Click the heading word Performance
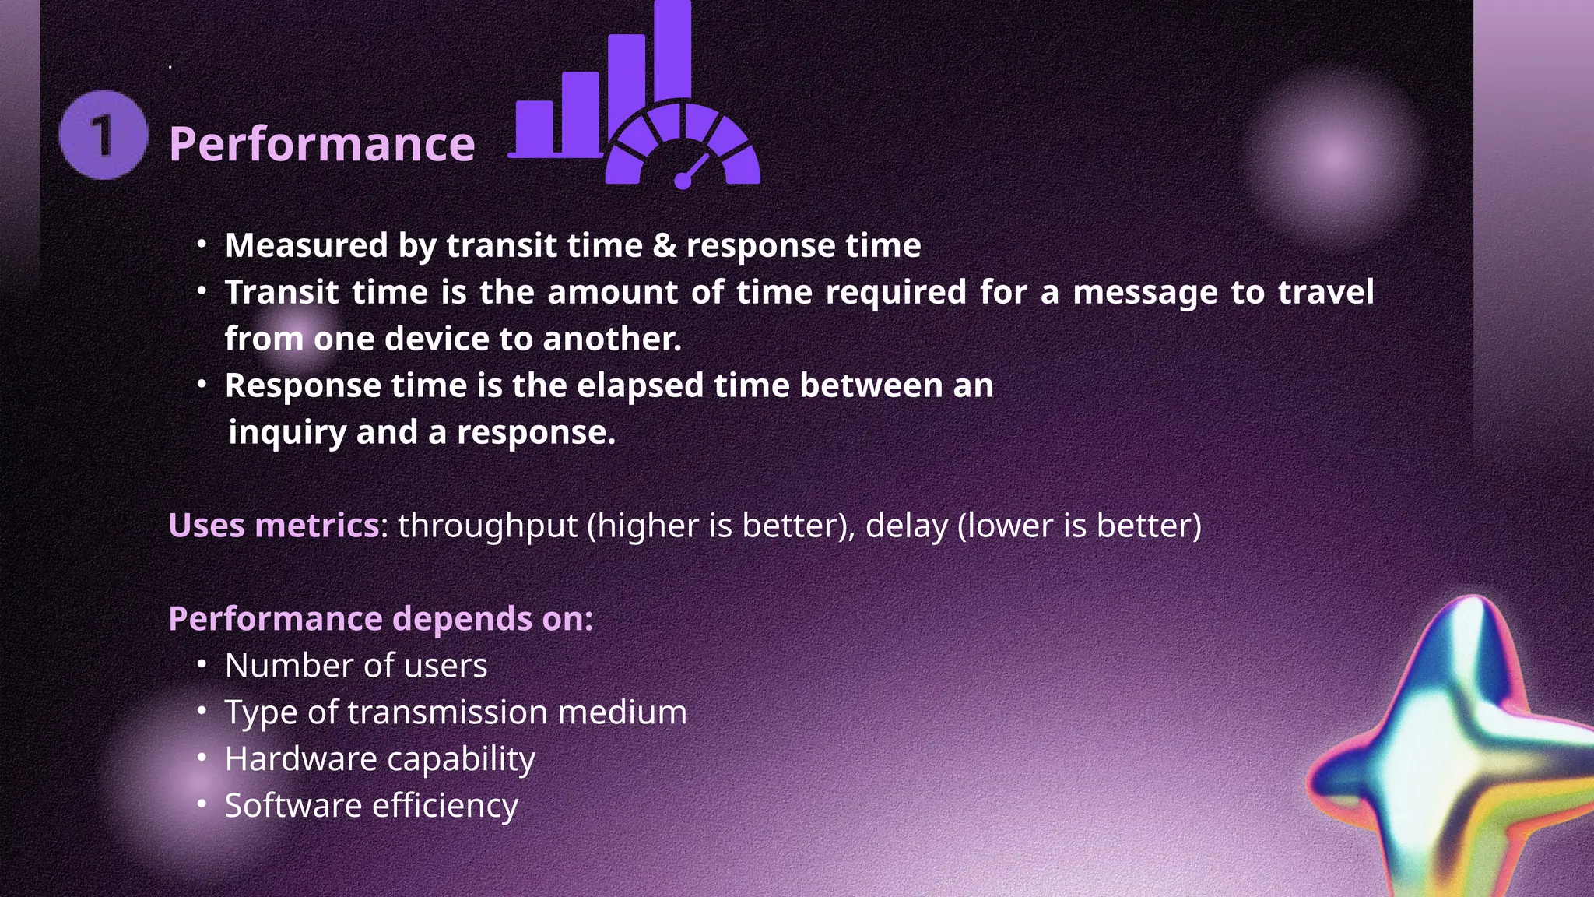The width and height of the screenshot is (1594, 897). pos(321,144)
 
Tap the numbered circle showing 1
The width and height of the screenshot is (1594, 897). pos(103,135)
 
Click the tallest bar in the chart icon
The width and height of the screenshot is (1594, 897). pos(672,51)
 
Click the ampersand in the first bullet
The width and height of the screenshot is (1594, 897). pos(664,246)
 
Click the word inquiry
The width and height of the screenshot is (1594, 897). pos(286,433)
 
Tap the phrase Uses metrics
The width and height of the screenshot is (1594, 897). pos(273,526)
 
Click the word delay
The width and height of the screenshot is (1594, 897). pos(906,526)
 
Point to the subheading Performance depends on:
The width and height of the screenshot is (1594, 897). pos(381,619)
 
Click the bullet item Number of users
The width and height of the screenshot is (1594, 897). pos(356,666)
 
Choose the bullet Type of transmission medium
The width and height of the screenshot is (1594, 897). pos(455,712)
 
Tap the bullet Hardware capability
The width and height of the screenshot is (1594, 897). pos(380,759)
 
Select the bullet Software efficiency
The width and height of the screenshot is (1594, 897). pos(371,806)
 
